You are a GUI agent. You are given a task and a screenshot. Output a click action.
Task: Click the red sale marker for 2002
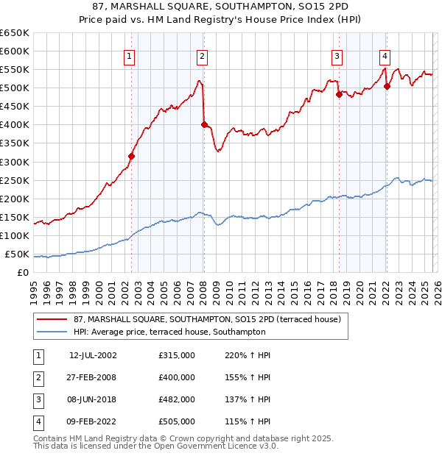(x=131, y=156)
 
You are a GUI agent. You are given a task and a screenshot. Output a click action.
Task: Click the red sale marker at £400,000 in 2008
(x=204, y=124)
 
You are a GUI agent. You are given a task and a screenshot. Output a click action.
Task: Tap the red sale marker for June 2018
(x=338, y=93)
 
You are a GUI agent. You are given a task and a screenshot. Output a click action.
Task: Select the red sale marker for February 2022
(x=387, y=85)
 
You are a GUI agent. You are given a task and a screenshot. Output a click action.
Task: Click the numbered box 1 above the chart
(x=130, y=56)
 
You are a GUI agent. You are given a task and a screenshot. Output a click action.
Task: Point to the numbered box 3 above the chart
(x=337, y=56)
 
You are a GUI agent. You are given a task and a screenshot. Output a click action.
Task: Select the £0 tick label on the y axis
(x=22, y=273)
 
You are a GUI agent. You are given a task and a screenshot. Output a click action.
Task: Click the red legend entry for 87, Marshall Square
(x=206, y=320)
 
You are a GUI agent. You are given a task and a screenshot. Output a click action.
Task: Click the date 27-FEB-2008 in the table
(x=93, y=377)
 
